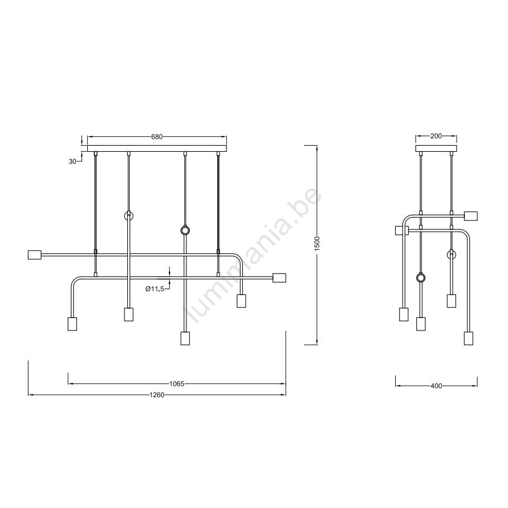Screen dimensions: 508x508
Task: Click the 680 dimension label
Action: (157, 137)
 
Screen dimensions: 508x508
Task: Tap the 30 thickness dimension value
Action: (73, 161)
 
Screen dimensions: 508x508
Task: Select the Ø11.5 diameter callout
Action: (155, 289)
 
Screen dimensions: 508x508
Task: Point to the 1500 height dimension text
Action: (317, 243)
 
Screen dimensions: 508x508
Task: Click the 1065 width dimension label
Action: (177, 384)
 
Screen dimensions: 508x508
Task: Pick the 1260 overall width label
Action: (157, 395)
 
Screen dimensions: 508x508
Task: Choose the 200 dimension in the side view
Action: (436, 136)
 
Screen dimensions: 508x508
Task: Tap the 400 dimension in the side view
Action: (437, 386)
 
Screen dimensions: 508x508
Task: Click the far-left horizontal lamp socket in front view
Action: (35, 255)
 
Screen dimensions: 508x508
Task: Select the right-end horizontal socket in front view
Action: (279, 278)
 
